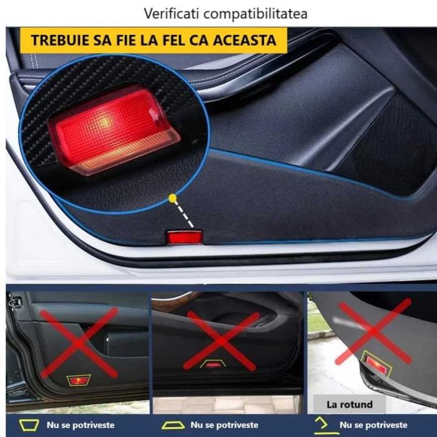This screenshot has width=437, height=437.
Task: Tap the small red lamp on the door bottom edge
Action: pos(183,237)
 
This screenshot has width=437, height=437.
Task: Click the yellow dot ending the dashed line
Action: pos(172,199)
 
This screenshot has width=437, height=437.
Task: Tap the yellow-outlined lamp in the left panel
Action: pos(79,380)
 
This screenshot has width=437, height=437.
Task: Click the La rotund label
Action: pos(349,403)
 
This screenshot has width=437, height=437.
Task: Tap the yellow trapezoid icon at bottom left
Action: pos(29,425)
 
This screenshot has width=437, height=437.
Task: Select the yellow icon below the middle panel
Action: pos(173,425)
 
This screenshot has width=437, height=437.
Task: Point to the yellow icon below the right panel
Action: pos(322,424)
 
